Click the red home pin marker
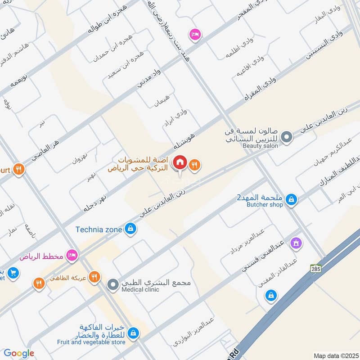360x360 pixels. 180,162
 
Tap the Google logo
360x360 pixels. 19,353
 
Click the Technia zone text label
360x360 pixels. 99,229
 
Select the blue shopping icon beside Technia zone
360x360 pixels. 130,229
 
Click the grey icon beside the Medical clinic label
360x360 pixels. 112,285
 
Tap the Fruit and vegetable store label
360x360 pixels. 91,342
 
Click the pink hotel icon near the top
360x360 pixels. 195,35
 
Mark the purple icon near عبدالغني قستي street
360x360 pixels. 296,243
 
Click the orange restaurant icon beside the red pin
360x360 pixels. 194,165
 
